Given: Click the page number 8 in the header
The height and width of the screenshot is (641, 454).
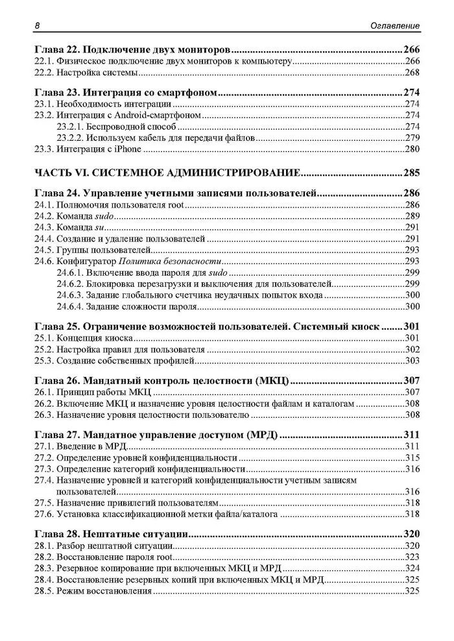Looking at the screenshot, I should [37, 25].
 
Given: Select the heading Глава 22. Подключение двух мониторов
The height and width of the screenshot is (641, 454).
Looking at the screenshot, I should [132, 49].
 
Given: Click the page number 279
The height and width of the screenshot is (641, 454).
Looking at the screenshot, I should [412, 138].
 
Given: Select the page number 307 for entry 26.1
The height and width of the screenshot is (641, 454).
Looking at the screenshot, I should [412, 393].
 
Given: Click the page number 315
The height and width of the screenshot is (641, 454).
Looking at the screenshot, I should [412, 458].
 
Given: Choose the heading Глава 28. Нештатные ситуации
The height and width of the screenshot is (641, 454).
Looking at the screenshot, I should [111, 534].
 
